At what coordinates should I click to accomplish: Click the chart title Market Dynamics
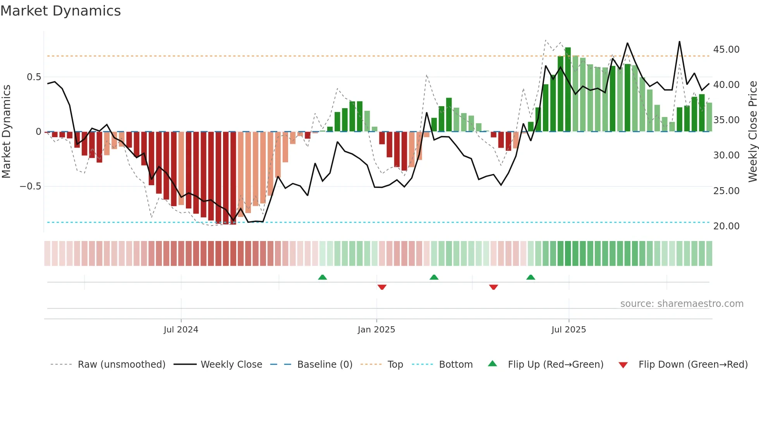61,11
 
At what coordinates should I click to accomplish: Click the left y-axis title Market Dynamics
7,132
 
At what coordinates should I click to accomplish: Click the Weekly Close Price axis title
752,132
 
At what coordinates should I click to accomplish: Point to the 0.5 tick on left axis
34,77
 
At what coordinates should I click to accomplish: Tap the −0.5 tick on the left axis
31,186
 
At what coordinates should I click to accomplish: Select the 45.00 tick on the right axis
726,50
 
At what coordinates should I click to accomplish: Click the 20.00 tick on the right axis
726,226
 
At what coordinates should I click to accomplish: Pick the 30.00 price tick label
726,155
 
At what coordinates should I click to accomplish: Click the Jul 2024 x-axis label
181,330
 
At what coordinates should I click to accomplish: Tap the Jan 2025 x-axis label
376,330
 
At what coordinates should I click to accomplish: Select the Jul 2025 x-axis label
568,330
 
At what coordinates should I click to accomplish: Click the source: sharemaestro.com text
682,304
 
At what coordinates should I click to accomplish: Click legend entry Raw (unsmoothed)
121,365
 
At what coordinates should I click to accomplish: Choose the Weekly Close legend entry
231,365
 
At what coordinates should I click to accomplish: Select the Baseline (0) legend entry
325,365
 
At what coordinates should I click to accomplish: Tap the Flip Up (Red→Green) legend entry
555,365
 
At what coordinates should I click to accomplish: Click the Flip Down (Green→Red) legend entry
693,365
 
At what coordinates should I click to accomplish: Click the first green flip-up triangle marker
322,277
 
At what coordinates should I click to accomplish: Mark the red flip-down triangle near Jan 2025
382,287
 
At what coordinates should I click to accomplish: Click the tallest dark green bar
568,89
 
